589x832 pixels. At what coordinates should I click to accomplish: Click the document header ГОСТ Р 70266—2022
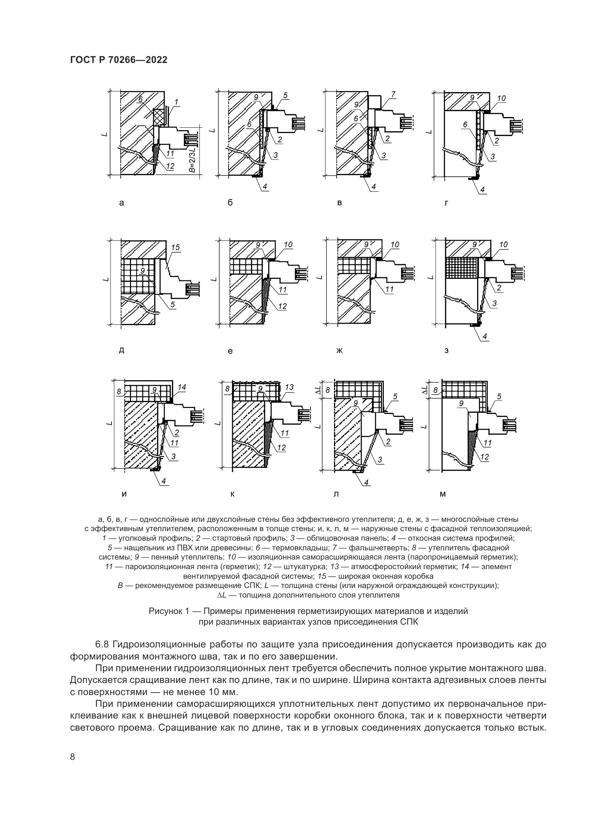tap(119, 60)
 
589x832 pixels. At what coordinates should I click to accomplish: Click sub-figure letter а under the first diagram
tap(121, 203)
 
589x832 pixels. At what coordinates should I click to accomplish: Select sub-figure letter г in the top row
tap(447, 203)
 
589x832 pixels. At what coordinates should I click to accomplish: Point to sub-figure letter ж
tap(339, 350)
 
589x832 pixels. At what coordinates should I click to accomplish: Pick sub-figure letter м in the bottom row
tap(443, 494)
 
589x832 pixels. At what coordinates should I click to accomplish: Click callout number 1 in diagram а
tap(176, 102)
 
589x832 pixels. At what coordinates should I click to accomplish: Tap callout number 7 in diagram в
tap(393, 95)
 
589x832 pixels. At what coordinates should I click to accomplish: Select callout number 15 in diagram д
tap(176, 248)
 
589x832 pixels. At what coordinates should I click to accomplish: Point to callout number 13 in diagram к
tap(289, 387)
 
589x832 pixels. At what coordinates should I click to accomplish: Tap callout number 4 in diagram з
tap(485, 336)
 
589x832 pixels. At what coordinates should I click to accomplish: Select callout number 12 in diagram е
tap(282, 306)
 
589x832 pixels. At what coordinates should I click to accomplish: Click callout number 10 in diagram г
tap(501, 98)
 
